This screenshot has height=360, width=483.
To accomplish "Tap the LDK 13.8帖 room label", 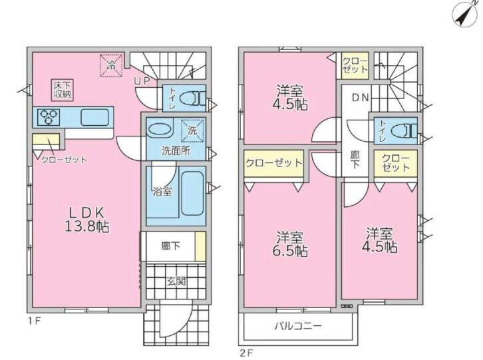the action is (x=86, y=220).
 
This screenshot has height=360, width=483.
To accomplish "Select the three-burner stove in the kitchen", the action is (x=49, y=117).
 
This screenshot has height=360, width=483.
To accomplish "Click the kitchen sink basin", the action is (x=94, y=117).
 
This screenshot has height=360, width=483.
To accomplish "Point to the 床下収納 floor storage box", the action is (x=63, y=90).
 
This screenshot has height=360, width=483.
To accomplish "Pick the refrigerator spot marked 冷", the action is (x=111, y=66).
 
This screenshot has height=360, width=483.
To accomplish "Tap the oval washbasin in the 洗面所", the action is (x=159, y=130).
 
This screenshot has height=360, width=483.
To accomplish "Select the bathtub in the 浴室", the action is (x=192, y=193).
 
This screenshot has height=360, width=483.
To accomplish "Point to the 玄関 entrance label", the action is (x=176, y=281).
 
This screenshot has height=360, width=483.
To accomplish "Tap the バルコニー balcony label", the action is (x=298, y=326).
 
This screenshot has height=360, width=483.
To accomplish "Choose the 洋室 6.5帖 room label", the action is (x=290, y=244).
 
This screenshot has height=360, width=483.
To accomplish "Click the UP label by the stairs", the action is (x=142, y=81).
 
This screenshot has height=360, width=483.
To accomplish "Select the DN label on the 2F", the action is (x=361, y=98).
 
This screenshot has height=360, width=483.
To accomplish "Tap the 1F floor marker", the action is (x=35, y=321).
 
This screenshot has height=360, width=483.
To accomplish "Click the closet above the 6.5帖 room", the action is (x=274, y=164).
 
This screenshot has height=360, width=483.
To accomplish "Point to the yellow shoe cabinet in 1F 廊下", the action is (x=200, y=246).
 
